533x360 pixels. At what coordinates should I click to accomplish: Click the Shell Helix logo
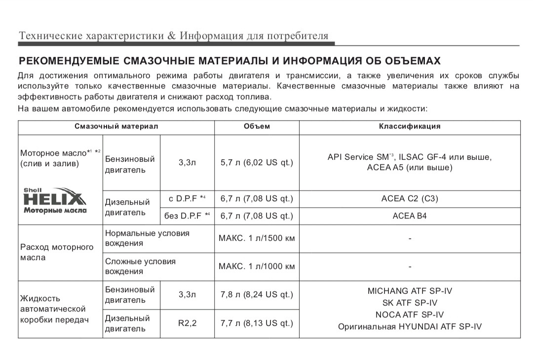click(55, 200)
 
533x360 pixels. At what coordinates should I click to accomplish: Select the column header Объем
click(257, 126)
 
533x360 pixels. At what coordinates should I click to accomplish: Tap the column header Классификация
click(410, 126)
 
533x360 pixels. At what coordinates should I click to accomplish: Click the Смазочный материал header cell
click(116, 126)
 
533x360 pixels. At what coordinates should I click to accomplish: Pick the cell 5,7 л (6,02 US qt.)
click(257, 162)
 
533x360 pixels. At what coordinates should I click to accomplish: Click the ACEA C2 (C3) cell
click(410, 199)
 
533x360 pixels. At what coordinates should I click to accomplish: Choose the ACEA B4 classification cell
click(410, 216)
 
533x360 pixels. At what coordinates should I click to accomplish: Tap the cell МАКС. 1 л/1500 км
click(257, 238)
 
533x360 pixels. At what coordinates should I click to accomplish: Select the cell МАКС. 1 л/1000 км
click(257, 267)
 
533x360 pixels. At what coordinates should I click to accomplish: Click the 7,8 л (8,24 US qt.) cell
click(257, 295)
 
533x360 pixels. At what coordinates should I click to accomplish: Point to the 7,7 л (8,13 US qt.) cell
click(257, 323)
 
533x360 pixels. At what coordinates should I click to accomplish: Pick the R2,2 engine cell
click(188, 323)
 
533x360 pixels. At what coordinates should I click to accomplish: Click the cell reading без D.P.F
click(188, 216)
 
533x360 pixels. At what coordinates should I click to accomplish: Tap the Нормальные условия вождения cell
click(147, 238)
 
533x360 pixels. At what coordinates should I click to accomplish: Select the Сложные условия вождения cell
click(140, 266)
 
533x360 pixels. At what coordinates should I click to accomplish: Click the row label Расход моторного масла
click(57, 252)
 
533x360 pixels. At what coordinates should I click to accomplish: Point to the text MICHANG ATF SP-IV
click(410, 291)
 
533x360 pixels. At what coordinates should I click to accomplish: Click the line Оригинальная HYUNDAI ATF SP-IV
click(410, 326)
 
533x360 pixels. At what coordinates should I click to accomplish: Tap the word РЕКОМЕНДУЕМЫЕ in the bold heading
click(69, 61)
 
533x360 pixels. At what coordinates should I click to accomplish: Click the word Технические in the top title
click(50, 36)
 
